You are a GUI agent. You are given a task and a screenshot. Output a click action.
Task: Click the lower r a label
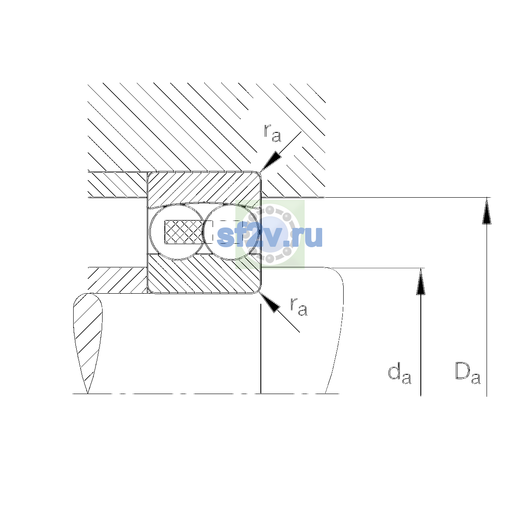[299, 306]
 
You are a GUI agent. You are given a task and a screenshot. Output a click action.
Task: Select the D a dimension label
[468, 373]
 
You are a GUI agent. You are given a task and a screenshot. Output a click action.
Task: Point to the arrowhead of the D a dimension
[487, 211]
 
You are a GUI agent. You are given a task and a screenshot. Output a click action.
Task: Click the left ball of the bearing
[178, 232]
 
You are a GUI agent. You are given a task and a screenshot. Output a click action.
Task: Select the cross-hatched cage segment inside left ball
[184, 232]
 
